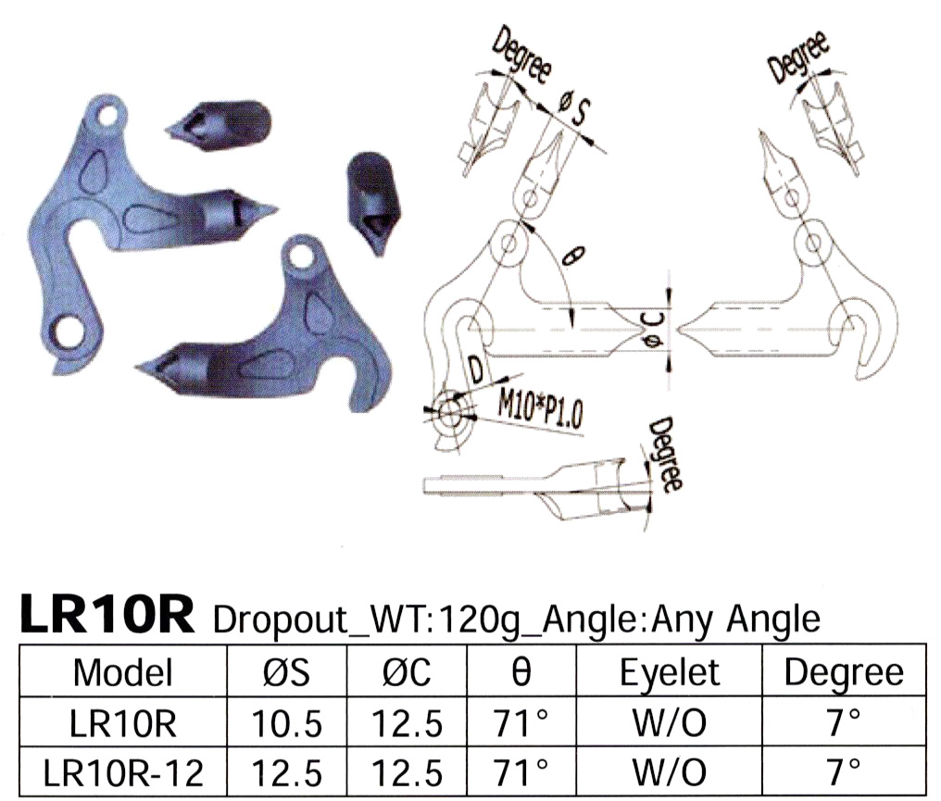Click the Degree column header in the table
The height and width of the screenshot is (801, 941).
click(x=843, y=672)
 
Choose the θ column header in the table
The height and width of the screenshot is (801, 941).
click(x=521, y=671)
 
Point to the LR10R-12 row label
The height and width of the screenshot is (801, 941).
click(x=123, y=769)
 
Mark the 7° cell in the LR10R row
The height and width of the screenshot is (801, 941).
click(x=843, y=721)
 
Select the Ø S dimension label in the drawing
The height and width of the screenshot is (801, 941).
click(x=575, y=111)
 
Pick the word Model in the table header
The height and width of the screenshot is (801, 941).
click(x=123, y=671)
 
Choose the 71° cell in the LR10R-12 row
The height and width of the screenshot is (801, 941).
click(x=521, y=769)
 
